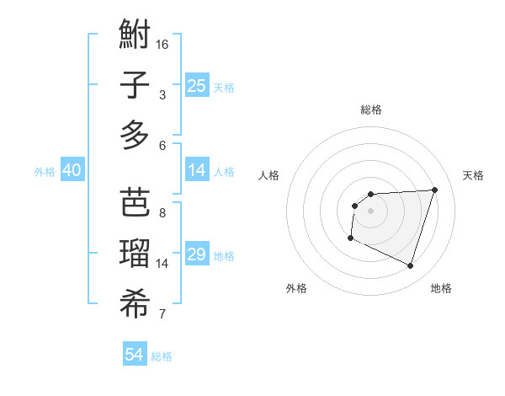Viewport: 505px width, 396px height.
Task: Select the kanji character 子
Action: pyautogui.click(x=135, y=86)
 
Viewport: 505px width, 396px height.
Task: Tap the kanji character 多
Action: pyautogui.click(x=135, y=136)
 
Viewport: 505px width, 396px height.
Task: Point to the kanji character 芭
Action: pyautogui.click(x=135, y=203)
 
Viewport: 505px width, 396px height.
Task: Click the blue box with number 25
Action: pyautogui.click(x=196, y=85)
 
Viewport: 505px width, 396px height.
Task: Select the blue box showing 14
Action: pyautogui.click(x=196, y=170)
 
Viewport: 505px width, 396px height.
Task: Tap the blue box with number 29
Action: pyautogui.click(x=196, y=254)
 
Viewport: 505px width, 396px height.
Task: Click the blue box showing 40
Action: pyautogui.click(x=72, y=170)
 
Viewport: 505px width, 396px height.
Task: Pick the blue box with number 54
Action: pyautogui.click(x=135, y=355)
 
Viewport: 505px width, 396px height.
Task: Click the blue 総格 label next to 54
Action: pyautogui.click(x=162, y=356)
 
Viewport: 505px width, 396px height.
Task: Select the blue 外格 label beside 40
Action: pyautogui.click(x=45, y=172)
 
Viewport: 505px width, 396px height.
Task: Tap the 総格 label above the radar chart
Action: pyautogui.click(x=370, y=110)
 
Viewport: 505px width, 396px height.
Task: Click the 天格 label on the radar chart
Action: pyautogui.click(x=473, y=175)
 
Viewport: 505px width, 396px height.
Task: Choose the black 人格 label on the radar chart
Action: pyautogui.click(x=268, y=175)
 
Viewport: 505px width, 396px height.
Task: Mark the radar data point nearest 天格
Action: pyautogui.click(x=434, y=190)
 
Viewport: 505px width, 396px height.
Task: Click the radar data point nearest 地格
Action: pyautogui.click(x=410, y=266)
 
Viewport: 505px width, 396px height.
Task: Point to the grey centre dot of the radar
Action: pyautogui.click(x=370, y=211)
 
